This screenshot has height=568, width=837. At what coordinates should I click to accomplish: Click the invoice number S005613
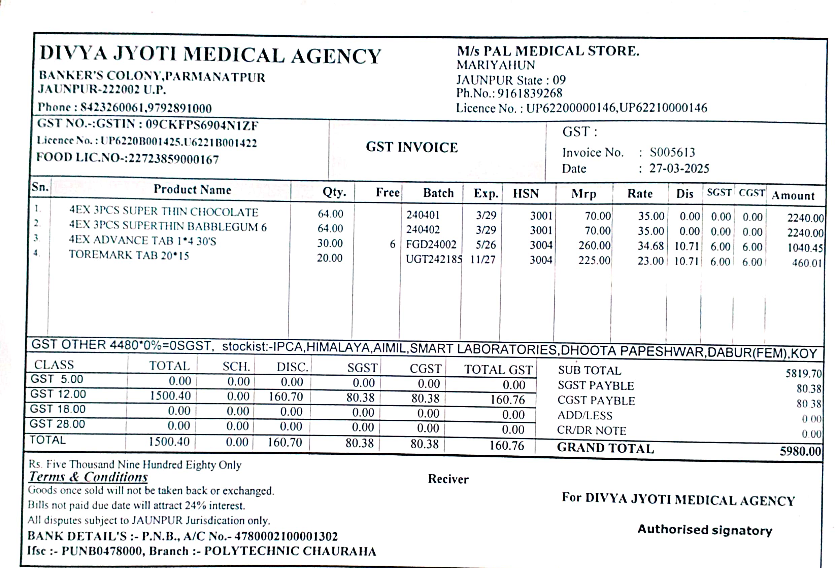[x=672, y=153]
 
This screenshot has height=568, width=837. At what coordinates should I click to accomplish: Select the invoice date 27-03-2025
[x=679, y=168]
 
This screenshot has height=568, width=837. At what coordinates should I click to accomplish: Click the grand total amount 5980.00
[x=800, y=451]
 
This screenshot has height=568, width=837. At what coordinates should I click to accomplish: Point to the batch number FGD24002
[x=431, y=244]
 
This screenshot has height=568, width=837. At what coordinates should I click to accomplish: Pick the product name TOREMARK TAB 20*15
[x=129, y=255]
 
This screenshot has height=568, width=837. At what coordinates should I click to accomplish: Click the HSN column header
[x=526, y=193]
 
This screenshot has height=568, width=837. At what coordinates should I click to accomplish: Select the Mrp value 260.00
[x=594, y=245]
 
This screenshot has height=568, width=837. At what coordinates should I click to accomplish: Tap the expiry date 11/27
[x=482, y=259]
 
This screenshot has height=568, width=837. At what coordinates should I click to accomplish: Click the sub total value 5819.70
[x=804, y=373]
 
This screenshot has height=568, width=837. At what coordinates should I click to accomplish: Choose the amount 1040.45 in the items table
[x=805, y=248]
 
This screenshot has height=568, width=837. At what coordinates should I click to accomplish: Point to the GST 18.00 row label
[x=58, y=409]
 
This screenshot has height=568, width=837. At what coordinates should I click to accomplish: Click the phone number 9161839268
[x=530, y=93]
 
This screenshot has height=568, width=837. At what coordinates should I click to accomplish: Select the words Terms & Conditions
[x=88, y=477]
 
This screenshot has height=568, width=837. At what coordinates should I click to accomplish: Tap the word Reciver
[x=448, y=479]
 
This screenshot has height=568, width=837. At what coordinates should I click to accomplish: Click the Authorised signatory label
[x=705, y=530]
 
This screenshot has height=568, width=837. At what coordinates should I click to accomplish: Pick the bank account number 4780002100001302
[x=286, y=536]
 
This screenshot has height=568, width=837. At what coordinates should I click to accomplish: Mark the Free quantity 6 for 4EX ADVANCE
[x=392, y=244]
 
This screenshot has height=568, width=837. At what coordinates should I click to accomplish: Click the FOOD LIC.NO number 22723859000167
[x=174, y=159]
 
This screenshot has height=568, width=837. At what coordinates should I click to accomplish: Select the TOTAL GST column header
[x=498, y=370]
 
